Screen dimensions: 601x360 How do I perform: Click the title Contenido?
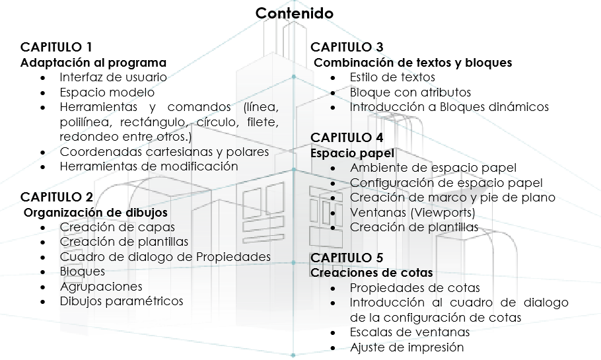click(x=295, y=13)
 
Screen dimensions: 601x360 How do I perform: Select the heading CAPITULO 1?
click(x=56, y=47)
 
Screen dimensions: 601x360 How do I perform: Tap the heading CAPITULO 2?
click(x=57, y=197)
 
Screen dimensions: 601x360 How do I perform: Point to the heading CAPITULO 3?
click(x=347, y=47)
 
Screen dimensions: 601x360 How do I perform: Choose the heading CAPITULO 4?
click(x=347, y=137)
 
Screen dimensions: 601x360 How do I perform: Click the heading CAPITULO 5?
click(x=347, y=258)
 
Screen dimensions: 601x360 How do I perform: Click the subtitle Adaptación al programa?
click(x=94, y=63)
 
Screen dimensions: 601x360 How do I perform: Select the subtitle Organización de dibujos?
click(x=96, y=213)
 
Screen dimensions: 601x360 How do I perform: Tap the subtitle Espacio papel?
click(x=352, y=153)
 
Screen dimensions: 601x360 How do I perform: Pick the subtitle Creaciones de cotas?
click(x=372, y=273)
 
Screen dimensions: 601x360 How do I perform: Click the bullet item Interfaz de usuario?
click(x=113, y=77)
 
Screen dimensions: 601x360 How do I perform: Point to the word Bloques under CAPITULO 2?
click(x=83, y=271)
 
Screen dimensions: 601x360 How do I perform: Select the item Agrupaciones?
click(x=101, y=287)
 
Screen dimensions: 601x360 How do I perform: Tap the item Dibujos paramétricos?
click(x=122, y=301)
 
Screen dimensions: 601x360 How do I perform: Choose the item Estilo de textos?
click(x=392, y=77)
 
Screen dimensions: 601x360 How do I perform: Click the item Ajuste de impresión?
click(x=407, y=347)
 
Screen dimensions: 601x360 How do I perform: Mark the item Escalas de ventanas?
click(x=409, y=332)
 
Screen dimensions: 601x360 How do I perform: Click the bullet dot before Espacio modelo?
click(x=42, y=93)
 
